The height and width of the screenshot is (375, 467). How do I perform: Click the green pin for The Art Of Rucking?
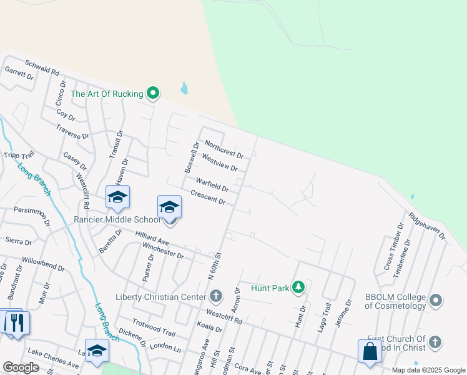[x=153, y=94]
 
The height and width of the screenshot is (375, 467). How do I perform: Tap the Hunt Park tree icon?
[x=299, y=287]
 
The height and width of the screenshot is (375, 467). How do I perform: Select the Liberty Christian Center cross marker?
[x=216, y=296]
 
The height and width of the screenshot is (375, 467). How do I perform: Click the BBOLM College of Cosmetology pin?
[x=436, y=301]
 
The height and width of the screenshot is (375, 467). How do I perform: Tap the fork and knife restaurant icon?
[x=17, y=322]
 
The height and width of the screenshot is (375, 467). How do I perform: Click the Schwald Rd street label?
[x=42, y=68]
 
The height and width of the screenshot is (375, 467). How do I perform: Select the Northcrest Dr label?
[x=224, y=148]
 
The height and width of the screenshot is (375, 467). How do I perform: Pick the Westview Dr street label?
[x=220, y=163]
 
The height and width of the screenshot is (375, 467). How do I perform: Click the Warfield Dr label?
[x=212, y=184]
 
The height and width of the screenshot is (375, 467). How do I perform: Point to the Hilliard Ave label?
[x=153, y=237]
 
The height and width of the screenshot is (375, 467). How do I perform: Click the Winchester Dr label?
[x=163, y=251]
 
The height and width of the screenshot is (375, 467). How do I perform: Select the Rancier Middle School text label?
[x=117, y=219]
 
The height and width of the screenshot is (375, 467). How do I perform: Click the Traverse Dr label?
[x=72, y=132]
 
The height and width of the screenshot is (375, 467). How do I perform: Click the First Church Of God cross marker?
[x=436, y=342]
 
